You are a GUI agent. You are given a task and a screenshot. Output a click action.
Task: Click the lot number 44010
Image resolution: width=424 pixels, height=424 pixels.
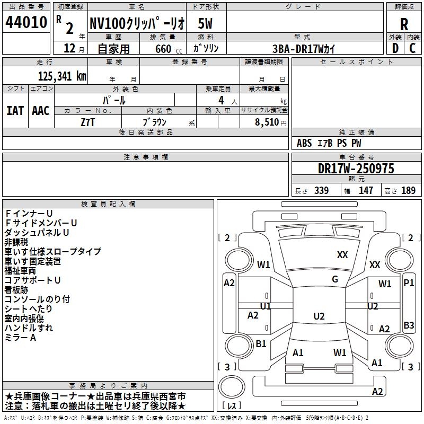tap(26, 22)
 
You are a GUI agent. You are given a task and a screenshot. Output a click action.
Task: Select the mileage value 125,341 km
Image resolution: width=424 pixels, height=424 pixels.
tap(62, 76)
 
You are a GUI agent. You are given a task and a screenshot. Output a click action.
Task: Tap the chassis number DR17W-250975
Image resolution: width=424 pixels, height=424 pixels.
tap(356, 169)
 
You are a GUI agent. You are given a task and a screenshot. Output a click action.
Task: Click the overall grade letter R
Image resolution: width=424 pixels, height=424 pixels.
tap(404, 24)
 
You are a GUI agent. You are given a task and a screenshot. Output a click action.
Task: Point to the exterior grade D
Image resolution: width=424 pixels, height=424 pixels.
tap(395, 48)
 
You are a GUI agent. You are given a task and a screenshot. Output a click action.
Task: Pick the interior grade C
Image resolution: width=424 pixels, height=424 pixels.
tap(412, 48)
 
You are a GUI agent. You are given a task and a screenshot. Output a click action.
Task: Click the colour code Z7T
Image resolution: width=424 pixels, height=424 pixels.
tap(87, 122)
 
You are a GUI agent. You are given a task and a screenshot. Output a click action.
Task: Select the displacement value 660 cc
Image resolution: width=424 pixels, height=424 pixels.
tap(169, 49)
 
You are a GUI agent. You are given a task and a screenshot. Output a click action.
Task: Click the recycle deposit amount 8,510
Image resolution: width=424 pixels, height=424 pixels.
tap(267, 122)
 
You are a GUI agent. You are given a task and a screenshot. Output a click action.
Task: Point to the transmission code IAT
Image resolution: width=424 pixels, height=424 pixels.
tap(15, 111)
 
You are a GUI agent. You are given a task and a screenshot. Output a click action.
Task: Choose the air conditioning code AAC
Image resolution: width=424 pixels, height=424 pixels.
tap(41, 111)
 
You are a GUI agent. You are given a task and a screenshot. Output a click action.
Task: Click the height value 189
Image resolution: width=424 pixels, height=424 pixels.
tap(408, 190)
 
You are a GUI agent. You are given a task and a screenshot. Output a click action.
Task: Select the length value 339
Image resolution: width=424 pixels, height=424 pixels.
tap(321, 190)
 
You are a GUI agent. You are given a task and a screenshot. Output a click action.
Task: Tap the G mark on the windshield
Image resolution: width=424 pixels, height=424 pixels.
tap(335, 279)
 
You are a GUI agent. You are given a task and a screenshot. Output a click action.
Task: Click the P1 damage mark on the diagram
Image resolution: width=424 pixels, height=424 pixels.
tap(409, 283)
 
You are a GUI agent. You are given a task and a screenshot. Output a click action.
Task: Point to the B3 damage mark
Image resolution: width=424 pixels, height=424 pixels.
tap(409, 325)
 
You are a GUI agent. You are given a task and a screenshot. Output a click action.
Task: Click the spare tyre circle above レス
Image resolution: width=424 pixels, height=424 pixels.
tap(232, 387)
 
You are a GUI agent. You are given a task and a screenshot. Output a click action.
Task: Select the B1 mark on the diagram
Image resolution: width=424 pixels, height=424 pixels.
tap(261, 343)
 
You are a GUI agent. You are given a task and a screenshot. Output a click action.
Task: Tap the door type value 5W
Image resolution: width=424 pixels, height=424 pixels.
tap(205, 23)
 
